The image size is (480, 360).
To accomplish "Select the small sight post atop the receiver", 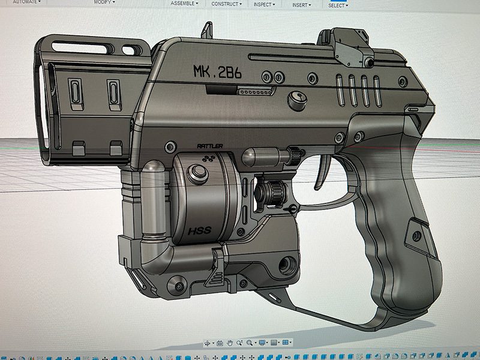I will click(x=207, y=29).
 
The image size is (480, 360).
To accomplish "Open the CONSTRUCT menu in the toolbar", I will click(x=226, y=4).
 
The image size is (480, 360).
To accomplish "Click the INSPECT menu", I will click(x=264, y=4).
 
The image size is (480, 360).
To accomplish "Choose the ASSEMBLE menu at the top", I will click(x=185, y=4).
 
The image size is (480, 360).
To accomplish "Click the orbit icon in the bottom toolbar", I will click(x=208, y=343).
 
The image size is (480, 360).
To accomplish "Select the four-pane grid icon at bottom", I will click(x=286, y=343).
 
